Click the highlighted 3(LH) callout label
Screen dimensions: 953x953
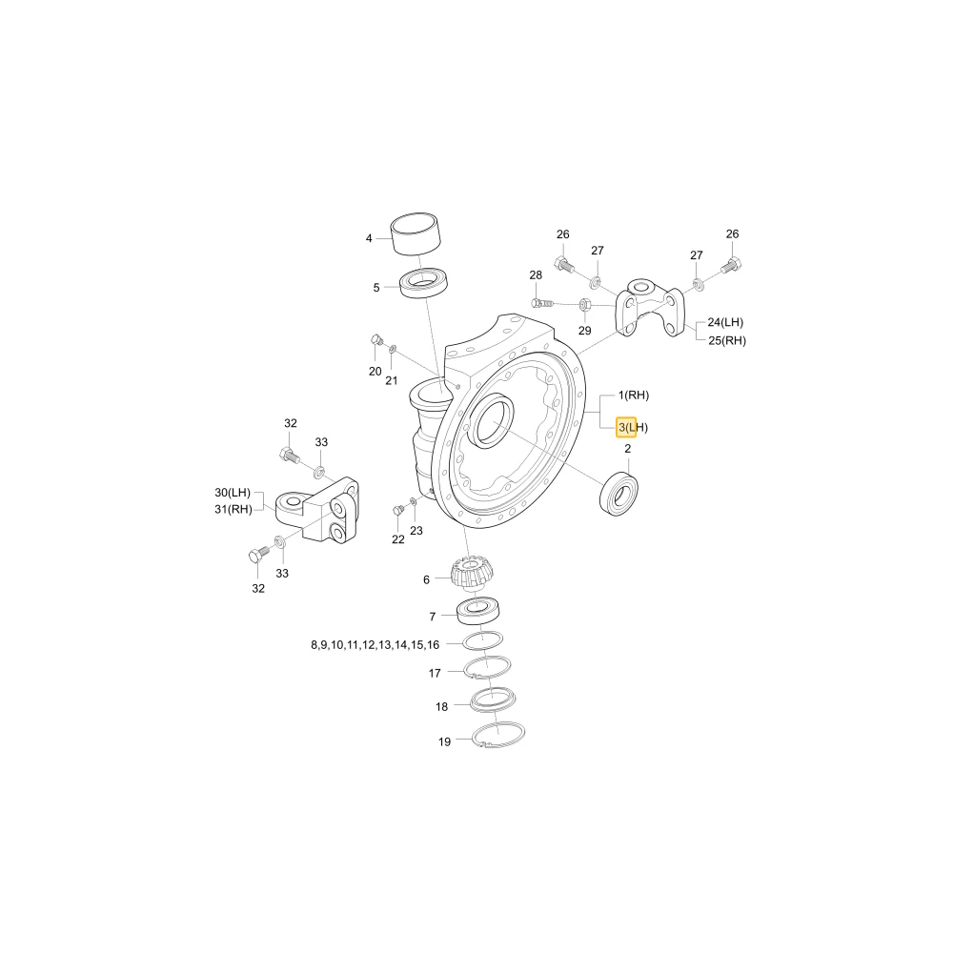pyautogui.click(x=633, y=427)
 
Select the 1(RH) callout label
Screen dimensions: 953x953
pyautogui.click(x=634, y=395)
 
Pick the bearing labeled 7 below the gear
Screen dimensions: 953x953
pyautogui.click(x=478, y=611)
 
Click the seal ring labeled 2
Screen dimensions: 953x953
pyautogui.click(x=618, y=493)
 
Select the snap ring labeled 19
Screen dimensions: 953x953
pyautogui.click(x=499, y=736)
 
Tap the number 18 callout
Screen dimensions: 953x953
pyautogui.click(x=442, y=707)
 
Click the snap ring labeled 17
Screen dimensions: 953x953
pyautogui.click(x=487, y=668)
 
